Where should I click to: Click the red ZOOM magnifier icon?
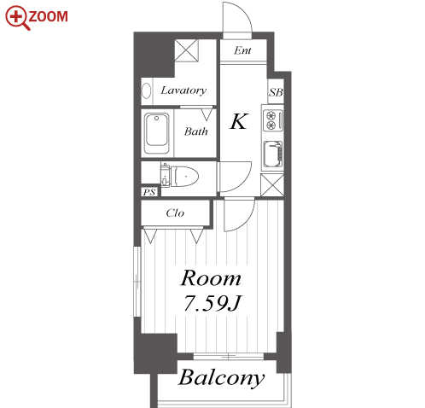coord(16,17)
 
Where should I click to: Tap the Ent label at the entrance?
coord(242,50)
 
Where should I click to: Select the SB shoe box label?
coord(276,92)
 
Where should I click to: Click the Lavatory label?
coord(183,90)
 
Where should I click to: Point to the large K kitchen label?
coord(239,121)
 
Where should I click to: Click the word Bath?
coord(195,131)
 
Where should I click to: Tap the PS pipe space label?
coord(149,192)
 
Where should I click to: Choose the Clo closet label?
coord(175,213)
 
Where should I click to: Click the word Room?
coord(211,278)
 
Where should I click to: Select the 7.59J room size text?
coord(212,303)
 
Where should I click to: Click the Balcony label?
coord(221,378)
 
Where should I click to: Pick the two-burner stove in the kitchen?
coord(273,120)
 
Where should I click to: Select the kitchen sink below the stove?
coord(273,154)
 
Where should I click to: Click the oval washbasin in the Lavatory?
coord(146,90)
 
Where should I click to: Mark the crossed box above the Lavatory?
coord(186,50)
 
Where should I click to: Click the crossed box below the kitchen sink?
coord(272,185)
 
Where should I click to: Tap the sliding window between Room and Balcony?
coord(229,356)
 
